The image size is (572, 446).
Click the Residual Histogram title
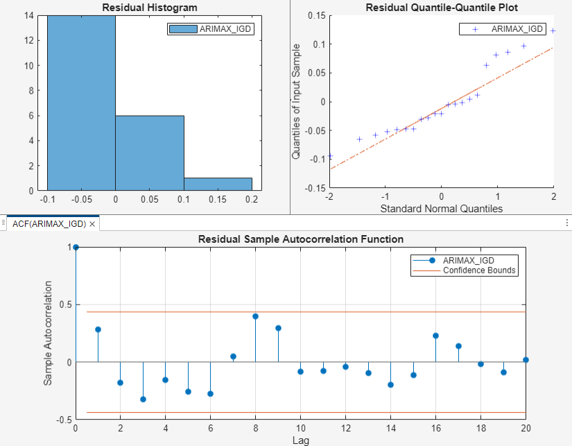(150, 8)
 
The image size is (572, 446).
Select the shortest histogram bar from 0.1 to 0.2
(218, 184)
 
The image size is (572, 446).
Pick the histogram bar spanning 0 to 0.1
(150, 153)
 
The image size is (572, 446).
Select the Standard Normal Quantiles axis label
(442, 207)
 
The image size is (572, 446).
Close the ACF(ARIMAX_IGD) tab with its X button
(92, 224)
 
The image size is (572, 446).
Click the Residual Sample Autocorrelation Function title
(300, 239)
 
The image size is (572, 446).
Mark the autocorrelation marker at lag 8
(255, 316)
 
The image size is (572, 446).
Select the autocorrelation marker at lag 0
(76, 247)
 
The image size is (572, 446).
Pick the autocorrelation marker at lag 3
(143, 399)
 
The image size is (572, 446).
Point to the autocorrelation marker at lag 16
(435, 336)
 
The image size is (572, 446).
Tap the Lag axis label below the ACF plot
(300, 440)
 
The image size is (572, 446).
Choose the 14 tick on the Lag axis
(390, 428)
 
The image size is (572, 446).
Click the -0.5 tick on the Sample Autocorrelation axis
(64, 420)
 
